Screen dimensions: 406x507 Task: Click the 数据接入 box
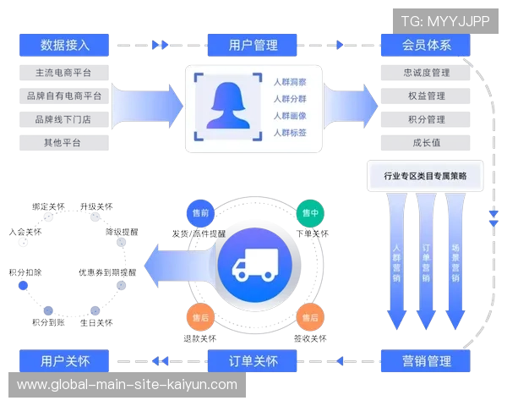pyautogui.click(x=64, y=45)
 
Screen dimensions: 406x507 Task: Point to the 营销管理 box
pyautogui.click(x=427, y=361)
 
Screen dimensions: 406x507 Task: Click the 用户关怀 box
pyautogui.click(x=64, y=361)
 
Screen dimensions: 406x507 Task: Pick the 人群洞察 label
pyautogui.click(x=290, y=81)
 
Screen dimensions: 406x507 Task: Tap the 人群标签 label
pyautogui.click(x=290, y=133)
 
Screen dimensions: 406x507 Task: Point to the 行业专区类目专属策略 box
pyautogui.click(x=425, y=177)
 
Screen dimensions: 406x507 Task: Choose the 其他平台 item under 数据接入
pyautogui.click(x=64, y=143)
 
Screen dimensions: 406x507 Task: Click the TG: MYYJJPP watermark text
pyautogui.click(x=446, y=21)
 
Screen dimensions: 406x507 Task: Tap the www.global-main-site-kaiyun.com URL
pyautogui.click(x=127, y=385)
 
